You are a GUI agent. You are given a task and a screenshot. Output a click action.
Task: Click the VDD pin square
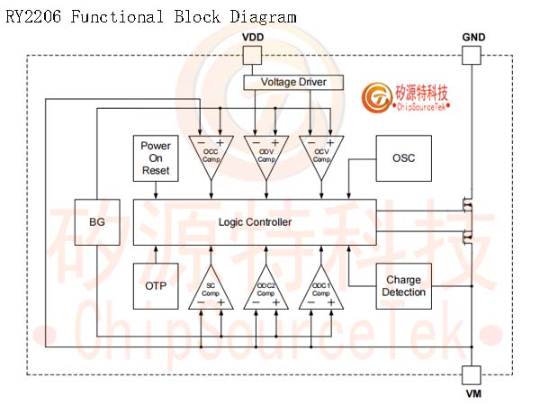coord(252,56)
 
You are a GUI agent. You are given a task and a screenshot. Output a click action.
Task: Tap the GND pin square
coord(471,56)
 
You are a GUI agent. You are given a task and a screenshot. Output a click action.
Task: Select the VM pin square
coord(471,375)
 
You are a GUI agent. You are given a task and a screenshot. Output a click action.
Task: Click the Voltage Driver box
coord(293,82)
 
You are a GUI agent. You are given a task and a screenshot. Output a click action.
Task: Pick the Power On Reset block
coord(156,158)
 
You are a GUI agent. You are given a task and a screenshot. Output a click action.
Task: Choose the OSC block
coord(403,158)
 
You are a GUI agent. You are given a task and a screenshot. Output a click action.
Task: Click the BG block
coord(97,222)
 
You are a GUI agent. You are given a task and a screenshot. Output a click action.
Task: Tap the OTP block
coord(156,286)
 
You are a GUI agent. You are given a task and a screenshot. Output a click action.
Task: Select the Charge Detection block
coord(403,286)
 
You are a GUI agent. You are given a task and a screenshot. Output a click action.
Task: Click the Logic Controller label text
coord(256,222)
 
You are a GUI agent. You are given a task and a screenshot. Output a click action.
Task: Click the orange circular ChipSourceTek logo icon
coord(376,97)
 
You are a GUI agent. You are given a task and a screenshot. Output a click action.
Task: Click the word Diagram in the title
coord(263,17)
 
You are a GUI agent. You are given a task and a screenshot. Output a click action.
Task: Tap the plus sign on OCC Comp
coord(220,142)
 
